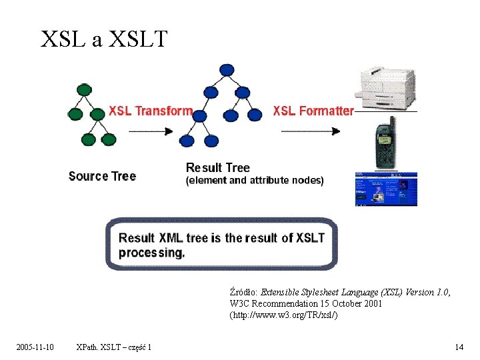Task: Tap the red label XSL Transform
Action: coord(151,111)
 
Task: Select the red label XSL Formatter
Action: coord(313,111)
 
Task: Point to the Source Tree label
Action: coord(102,176)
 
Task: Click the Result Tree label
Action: coord(218,167)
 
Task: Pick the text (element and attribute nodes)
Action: coord(254,180)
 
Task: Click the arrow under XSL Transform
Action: coord(150,131)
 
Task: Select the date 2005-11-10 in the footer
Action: coord(35,347)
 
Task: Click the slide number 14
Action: coord(459,347)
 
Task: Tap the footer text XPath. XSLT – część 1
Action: coord(114,347)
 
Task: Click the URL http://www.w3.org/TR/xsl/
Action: coord(284,315)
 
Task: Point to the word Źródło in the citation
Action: coord(243,292)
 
